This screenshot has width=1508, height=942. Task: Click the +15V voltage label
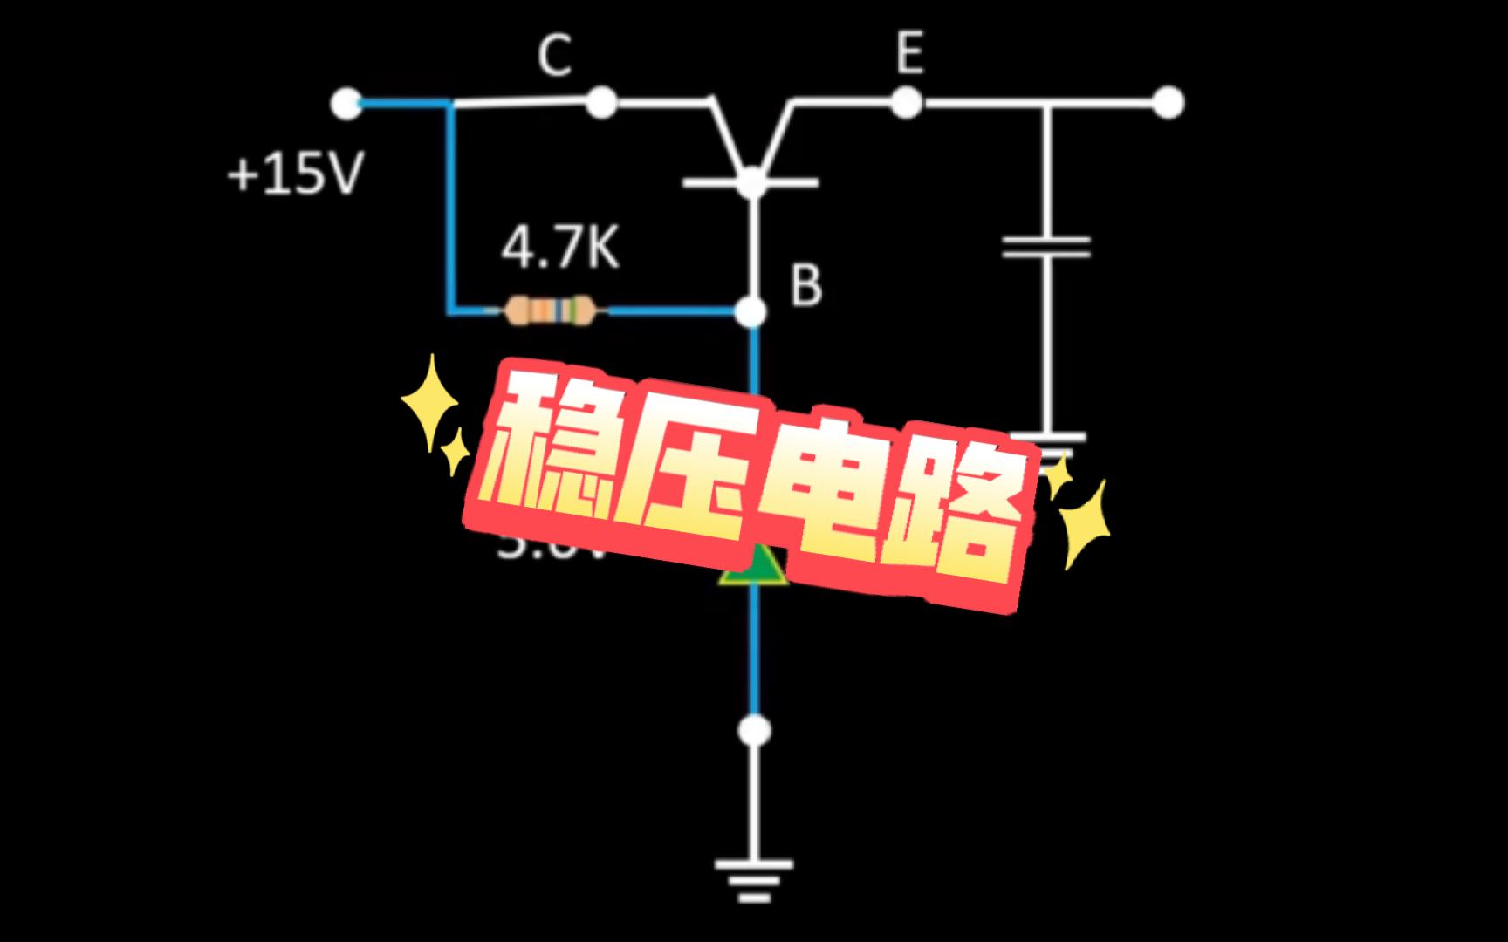pos(295,173)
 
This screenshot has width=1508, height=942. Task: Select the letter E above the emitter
pos(909,53)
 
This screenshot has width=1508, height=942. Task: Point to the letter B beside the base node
pos(805,286)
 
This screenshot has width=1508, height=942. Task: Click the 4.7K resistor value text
pos(559,248)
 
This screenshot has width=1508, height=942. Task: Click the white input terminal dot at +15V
pos(346,103)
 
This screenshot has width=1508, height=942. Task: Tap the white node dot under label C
pos(600,103)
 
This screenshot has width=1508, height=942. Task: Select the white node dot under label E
pos(907,103)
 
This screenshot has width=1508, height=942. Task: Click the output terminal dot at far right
pos(1168,103)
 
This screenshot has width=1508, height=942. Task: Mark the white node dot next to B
pos(751,311)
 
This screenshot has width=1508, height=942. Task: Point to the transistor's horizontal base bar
pos(751,183)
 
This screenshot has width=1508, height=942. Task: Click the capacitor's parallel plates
pos(1046,247)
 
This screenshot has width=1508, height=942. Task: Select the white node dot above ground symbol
pos(754,731)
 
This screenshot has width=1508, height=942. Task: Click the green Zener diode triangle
pos(752,567)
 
